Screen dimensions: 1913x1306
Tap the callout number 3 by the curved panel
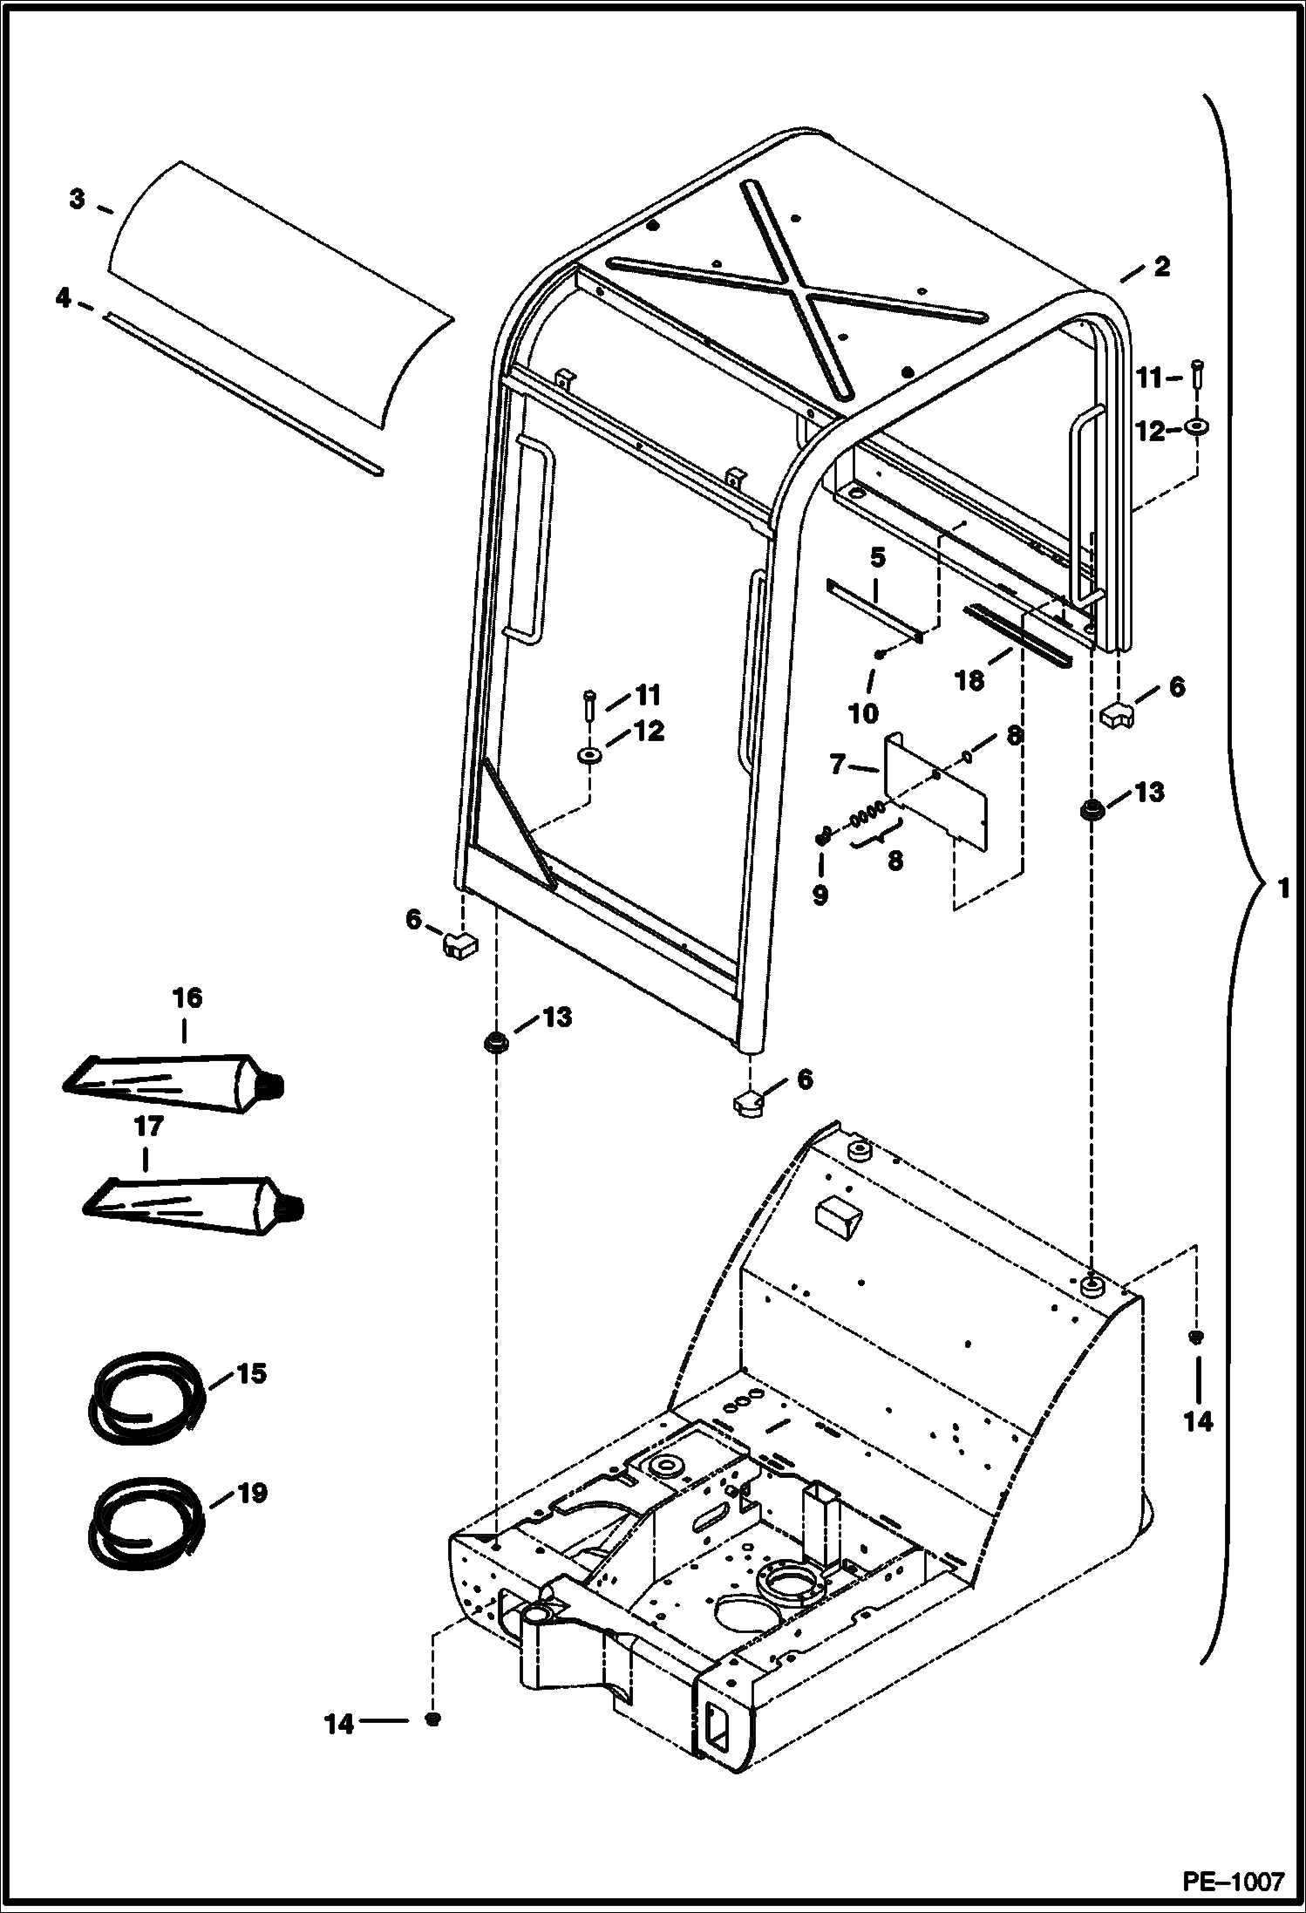point(78,201)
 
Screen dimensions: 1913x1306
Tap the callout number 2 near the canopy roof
point(1162,268)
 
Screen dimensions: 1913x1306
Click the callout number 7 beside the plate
point(838,766)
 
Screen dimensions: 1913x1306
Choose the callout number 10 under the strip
point(863,713)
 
